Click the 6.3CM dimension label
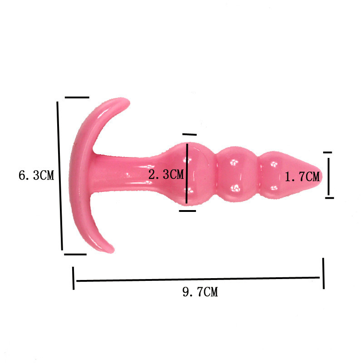click(36, 175)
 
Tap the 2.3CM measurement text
click(166, 174)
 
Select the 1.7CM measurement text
click(302, 177)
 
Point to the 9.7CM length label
click(200, 292)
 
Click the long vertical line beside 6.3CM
click(60, 176)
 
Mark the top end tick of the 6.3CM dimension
click(77, 98)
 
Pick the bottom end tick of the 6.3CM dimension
click(75, 254)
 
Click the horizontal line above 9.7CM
click(198, 279)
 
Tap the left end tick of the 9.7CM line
click(74, 278)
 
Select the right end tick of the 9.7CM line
click(324, 274)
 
